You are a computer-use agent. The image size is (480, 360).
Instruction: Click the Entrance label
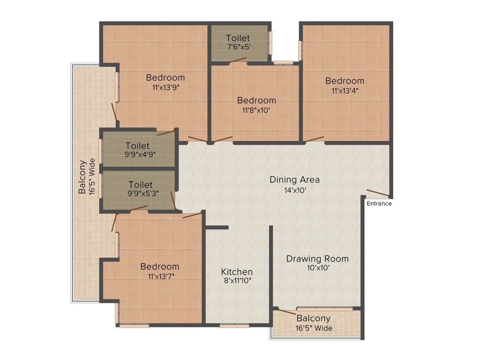click(x=379, y=203)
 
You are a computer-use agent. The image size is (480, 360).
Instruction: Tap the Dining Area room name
click(x=294, y=180)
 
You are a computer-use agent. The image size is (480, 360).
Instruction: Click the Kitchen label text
click(x=237, y=272)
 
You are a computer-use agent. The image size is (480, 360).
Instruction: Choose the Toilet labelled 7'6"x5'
click(x=238, y=38)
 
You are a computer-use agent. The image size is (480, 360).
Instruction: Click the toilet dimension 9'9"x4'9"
click(x=137, y=154)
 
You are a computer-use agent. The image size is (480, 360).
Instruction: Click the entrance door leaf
click(x=377, y=193)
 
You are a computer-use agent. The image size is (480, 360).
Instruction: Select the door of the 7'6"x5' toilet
click(x=238, y=60)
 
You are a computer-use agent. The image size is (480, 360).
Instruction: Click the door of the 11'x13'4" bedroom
click(x=314, y=139)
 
